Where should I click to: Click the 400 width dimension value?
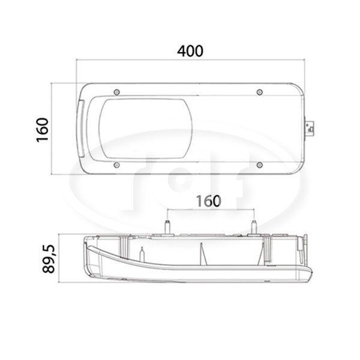(x=190, y=51)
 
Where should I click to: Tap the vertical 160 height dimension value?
(x=43, y=130)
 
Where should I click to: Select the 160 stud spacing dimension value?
(x=208, y=201)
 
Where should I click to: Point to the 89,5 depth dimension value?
(x=49, y=259)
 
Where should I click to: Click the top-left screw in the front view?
(x=117, y=92)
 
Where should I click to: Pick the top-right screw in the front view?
(x=260, y=92)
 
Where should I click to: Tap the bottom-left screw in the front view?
(x=117, y=165)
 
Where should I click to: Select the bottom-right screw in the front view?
(x=260, y=165)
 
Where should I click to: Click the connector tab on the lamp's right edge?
(x=310, y=129)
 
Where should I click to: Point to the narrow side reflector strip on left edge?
(x=82, y=129)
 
